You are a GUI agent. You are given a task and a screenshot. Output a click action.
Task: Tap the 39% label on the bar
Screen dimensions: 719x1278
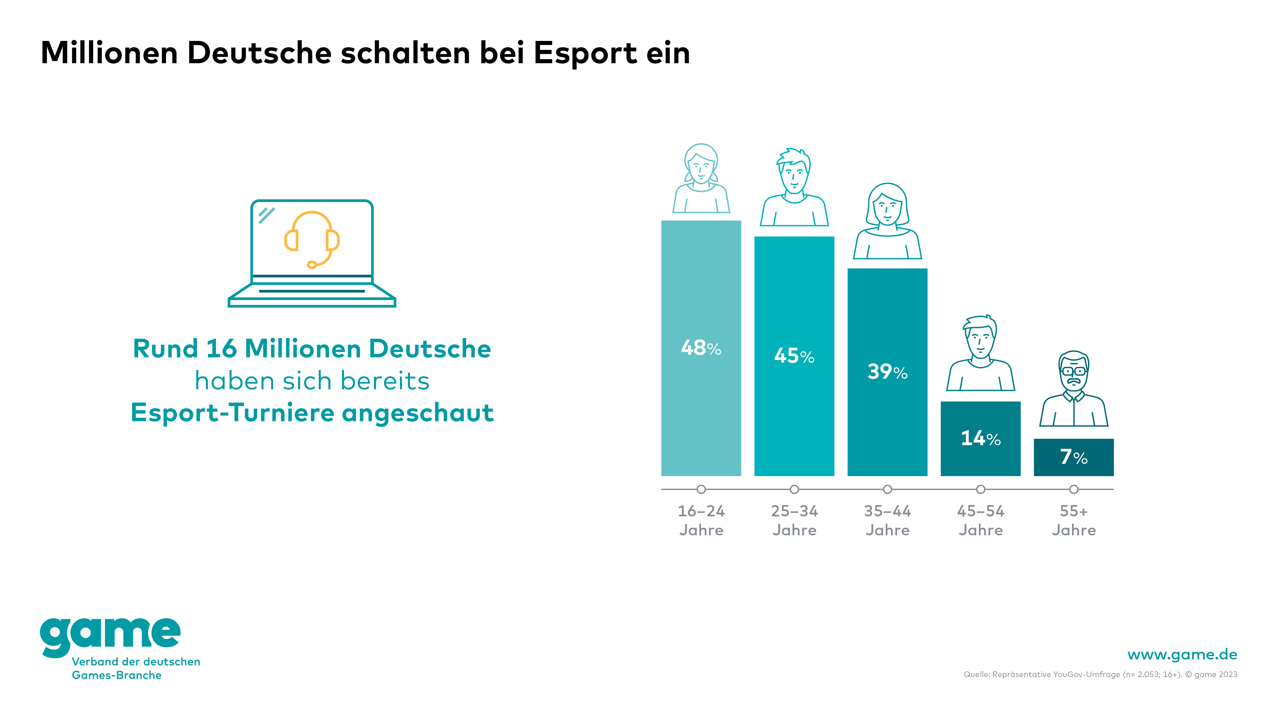pos(887,372)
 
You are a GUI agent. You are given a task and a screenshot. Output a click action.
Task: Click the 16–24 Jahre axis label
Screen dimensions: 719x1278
pos(701,520)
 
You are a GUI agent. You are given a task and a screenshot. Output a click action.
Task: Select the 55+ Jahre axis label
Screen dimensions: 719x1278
pos(1074,520)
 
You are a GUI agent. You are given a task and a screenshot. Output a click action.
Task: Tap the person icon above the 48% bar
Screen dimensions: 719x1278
pos(701,179)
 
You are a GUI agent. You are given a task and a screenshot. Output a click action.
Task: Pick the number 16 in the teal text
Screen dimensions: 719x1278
pos(221,349)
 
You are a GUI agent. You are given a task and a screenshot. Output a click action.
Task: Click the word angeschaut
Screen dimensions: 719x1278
pos(417,413)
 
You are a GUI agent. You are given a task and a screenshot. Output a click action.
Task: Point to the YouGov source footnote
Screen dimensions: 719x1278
pos(1100,674)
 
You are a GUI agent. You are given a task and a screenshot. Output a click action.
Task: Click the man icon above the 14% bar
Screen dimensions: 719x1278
pos(980,353)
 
